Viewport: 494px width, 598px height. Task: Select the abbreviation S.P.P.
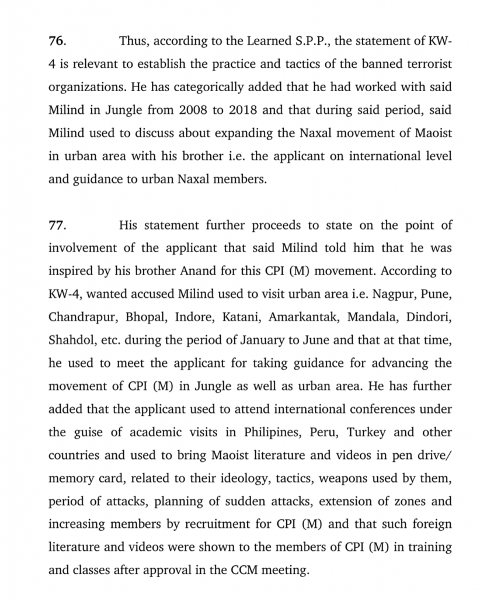[299, 41]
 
